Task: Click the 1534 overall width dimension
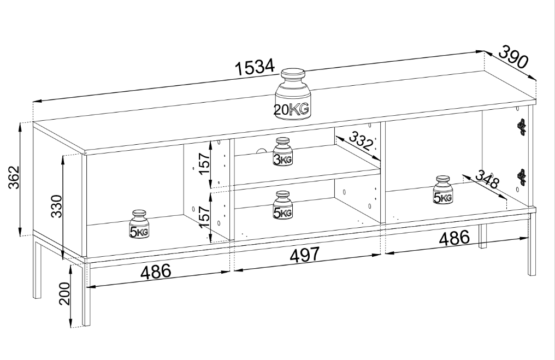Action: pos(255,67)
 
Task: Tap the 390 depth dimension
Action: pos(513,57)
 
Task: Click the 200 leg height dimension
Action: pos(64,293)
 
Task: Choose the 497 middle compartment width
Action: pos(305,255)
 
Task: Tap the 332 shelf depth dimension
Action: pos(361,139)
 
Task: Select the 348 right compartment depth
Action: pos(487,180)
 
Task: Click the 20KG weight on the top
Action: pos(292,94)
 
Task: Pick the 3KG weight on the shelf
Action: pos(282,151)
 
